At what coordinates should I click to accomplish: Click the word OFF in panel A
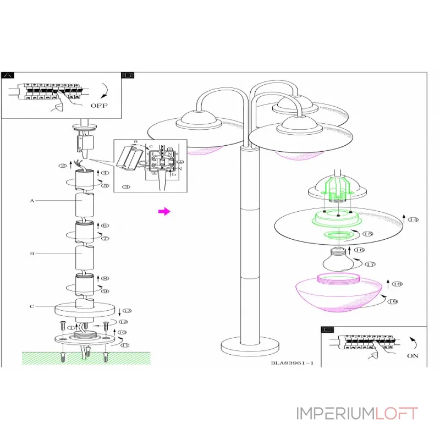99,105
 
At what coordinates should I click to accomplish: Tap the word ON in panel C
413,356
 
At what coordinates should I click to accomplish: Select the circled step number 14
413,219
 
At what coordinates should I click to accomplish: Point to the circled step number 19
393,301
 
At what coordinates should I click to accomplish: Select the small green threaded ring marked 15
339,236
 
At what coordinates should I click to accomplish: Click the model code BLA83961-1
292,362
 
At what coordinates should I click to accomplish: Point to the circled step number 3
126,187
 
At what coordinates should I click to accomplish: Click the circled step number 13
127,311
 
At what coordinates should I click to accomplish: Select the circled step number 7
105,238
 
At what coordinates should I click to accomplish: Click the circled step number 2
63,165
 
